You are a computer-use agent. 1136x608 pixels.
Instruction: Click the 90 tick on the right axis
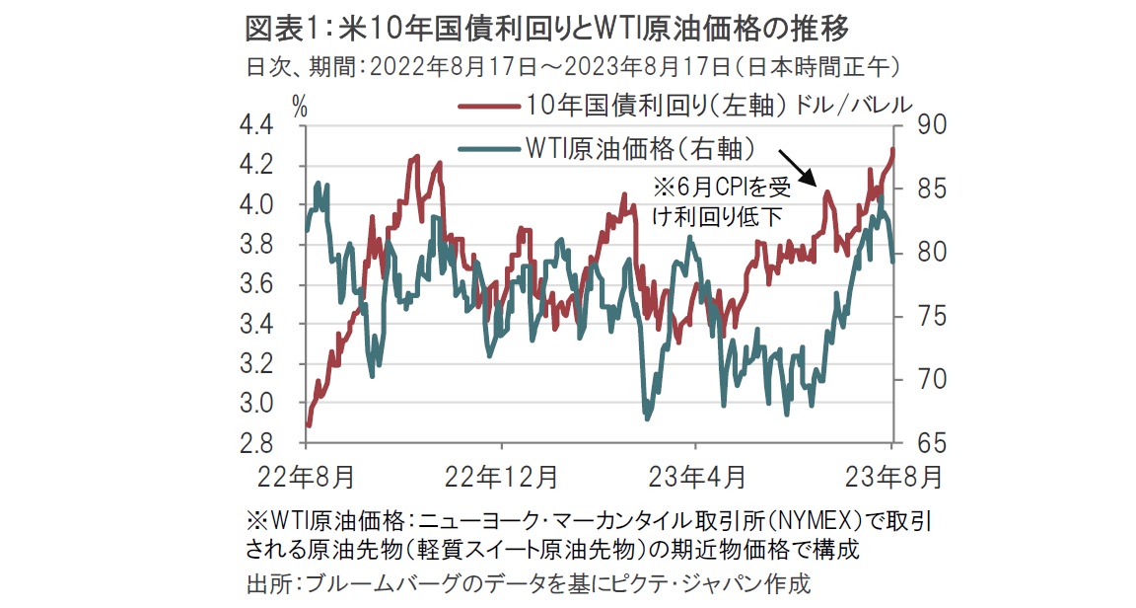tap(930, 125)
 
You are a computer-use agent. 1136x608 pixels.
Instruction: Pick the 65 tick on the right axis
tap(930, 443)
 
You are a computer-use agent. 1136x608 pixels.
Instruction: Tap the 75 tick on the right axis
tap(930, 316)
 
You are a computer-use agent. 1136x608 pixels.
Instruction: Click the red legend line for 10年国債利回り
tap(488, 106)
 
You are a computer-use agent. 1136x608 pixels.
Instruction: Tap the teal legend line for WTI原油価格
tap(488, 149)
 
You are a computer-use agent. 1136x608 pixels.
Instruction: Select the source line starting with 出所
tap(527, 583)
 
